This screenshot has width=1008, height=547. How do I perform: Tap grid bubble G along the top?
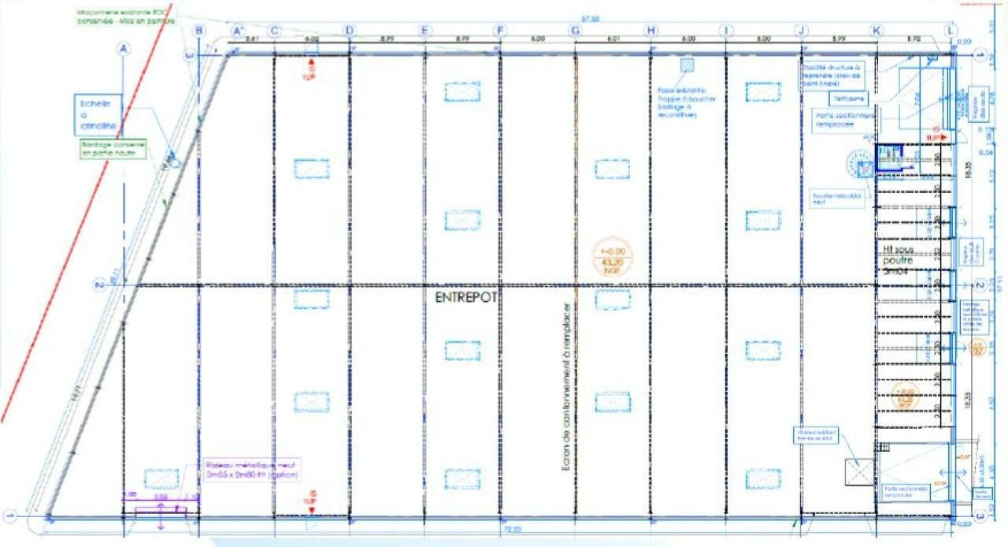click(576, 31)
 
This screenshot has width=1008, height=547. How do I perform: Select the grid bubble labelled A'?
click(236, 31)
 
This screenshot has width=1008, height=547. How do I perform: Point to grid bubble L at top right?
click(952, 31)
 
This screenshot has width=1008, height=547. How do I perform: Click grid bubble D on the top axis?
click(349, 31)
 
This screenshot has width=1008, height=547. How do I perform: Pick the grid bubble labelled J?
click(802, 31)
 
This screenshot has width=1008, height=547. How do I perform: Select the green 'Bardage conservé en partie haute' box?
click(115, 149)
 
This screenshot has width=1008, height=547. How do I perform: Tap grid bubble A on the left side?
click(122, 49)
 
